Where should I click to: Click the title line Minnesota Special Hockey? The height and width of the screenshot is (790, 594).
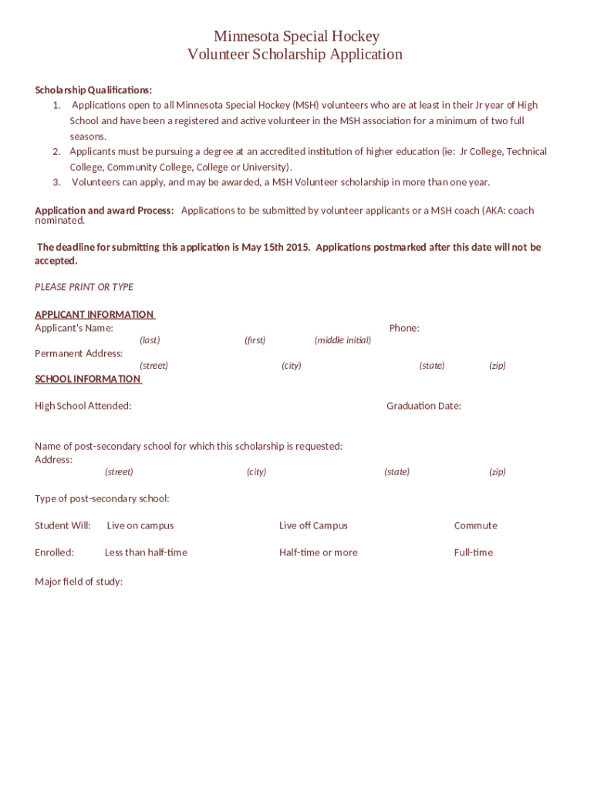(x=296, y=36)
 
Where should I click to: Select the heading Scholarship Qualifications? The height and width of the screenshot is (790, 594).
(x=93, y=89)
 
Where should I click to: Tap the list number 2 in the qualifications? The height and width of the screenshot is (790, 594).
(x=56, y=152)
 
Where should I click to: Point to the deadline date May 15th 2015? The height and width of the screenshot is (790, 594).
(x=275, y=248)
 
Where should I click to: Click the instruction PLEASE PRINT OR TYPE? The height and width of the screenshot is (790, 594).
(x=84, y=287)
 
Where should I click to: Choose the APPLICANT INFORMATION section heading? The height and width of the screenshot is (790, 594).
(x=94, y=314)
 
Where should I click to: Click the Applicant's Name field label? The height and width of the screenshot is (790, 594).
(x=74, y=328)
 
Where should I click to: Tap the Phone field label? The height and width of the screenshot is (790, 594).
(x=404, y=328)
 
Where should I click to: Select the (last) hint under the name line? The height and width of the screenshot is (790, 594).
(x=150, y=340)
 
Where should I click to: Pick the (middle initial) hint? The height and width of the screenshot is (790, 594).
(x=343, y=340)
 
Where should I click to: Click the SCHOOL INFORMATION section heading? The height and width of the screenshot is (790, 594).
(x=88, y=379)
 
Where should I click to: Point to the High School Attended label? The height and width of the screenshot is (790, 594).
(x=83, y=406)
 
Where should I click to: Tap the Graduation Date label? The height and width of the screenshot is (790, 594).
(x=424, y=406)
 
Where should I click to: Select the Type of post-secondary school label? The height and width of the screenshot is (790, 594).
(x=102, y=498)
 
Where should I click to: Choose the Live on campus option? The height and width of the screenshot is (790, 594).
(x=140, y=525)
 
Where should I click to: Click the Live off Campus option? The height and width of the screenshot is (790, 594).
(x=313, y=525)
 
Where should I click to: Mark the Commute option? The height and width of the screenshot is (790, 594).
(x=475, y=525)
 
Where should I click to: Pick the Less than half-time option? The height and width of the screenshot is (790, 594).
(x=146, y=552)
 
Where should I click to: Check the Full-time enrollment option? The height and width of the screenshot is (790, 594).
(x=473, y=552)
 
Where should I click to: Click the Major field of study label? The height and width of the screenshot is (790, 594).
(x=79, y=582)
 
